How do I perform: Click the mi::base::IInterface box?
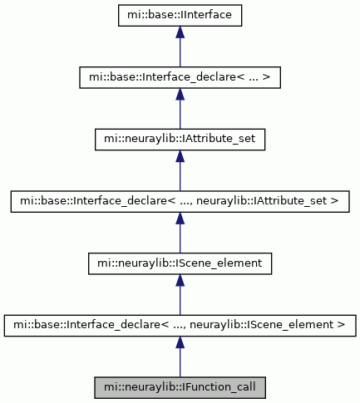(180, 15)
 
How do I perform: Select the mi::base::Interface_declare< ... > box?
(180, 77)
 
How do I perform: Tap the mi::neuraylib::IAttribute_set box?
(180, 140)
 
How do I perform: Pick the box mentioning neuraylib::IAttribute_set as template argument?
(180, 201)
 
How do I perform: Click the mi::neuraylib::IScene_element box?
(180, 263)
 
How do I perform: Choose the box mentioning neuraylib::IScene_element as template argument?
(180, 326)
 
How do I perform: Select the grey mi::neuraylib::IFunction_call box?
(180, 387)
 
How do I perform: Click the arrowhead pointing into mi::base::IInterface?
(180, 32)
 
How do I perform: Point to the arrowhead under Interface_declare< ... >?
(180, 94)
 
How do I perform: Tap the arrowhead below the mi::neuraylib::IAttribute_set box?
(180, 156)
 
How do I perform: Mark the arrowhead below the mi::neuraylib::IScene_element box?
(180, 280)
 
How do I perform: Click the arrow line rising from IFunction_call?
(180, 356)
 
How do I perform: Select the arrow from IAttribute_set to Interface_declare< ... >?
(180, 109)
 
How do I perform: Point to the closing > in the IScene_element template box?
(342, 324)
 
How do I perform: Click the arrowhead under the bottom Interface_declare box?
(180, 342)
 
